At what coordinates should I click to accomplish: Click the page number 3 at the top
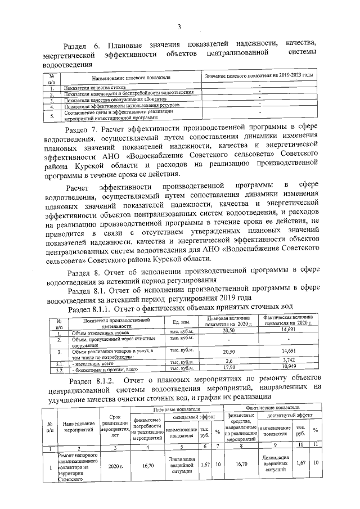tap(179, 26)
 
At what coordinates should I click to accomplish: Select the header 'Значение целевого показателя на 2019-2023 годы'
tap(259, 75)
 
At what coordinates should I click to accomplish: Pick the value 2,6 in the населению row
tap(228, 361)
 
